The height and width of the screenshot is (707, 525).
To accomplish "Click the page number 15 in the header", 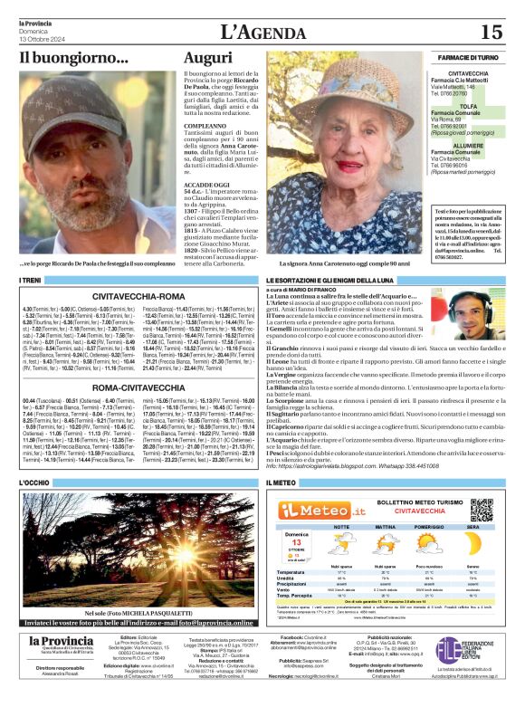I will (492, 33).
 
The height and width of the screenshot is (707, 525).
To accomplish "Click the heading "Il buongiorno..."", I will (74, 59).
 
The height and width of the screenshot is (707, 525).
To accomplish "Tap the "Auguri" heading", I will (210, 58).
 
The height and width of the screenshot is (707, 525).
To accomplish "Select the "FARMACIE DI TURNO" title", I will (467, 57).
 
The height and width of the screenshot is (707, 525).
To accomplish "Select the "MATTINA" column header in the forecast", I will (384, 526).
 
